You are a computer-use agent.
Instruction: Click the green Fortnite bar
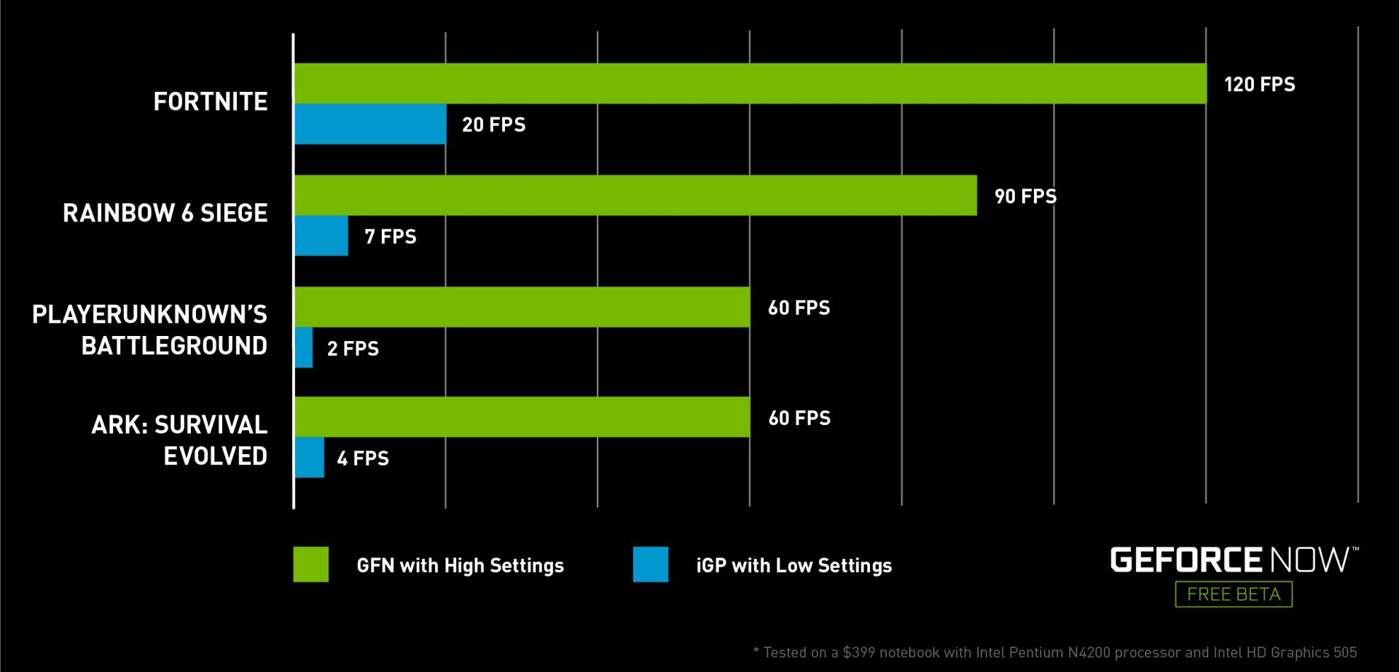pyautogui.click(x=750, y=83)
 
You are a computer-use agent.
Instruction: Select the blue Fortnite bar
pyautogui.click(x=370, y=124)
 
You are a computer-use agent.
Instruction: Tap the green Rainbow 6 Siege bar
pyautogui.click(x=635, y=195)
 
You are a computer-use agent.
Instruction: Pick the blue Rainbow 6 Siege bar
pyautogui.click(x=321, y=235)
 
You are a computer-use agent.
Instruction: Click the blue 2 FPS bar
pyautogui.click(x=304, y=348)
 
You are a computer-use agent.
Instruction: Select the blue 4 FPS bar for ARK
pyautogui.click(x=310, y=458)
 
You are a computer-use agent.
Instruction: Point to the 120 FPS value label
pyautogui.click(x=1259, y=85)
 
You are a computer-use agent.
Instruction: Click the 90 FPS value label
pyautogui.click(x=1025, y=197)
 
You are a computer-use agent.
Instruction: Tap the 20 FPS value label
pyautogui.click(x=493, y=125)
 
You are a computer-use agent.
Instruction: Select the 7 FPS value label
pyautogui.click(x=391, y=237)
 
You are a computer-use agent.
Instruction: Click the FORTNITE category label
pyautogui.click(x=210, y=102)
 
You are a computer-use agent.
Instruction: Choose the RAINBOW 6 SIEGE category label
pyautogui.click(x=165, y=214)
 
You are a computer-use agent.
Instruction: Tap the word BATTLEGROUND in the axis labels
pyautogui.click(x=174, y=346)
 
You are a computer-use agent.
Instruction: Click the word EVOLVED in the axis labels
pyautogui.click(x=215, y=456)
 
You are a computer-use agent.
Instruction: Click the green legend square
pyautogui.click(x=311, y=564)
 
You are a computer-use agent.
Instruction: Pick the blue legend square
pyautogui.click(x=650, y=564)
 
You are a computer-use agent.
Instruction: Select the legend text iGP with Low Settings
pyautogui.click(x=793, y=566)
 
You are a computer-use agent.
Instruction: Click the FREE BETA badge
pyautogui.click(x=1233, y=594)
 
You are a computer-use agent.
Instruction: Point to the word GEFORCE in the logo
pyautogui.click(x=1186, y=560)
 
